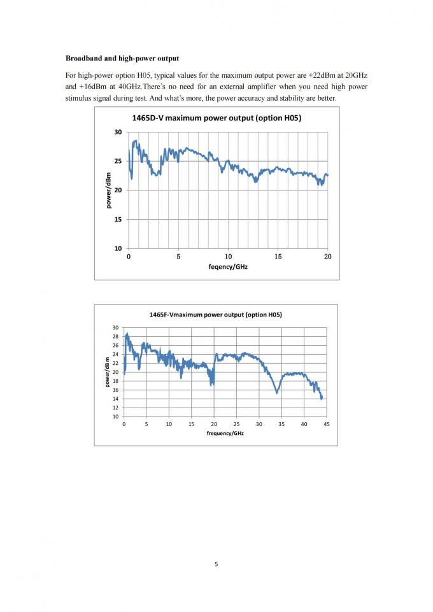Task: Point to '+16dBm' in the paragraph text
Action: point(91,87)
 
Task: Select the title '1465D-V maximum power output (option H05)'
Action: point(216,118)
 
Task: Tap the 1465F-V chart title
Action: point(215,315)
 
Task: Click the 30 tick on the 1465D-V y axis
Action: point(118,132)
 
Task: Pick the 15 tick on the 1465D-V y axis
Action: point(118,220)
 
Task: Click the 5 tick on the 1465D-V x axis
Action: point(179,257)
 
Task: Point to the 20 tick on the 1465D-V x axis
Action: point(327,257)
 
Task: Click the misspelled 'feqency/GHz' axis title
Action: point(228,267)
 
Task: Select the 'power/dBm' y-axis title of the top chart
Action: point(108,190)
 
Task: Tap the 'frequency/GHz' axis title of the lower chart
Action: point(225,433)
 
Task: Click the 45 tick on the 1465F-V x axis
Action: point(327,423)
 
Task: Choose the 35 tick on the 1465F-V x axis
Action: point(281,423)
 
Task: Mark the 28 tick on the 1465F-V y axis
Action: point(115,336)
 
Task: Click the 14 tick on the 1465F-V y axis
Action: point(115,399)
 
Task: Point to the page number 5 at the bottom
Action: point(216,564)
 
